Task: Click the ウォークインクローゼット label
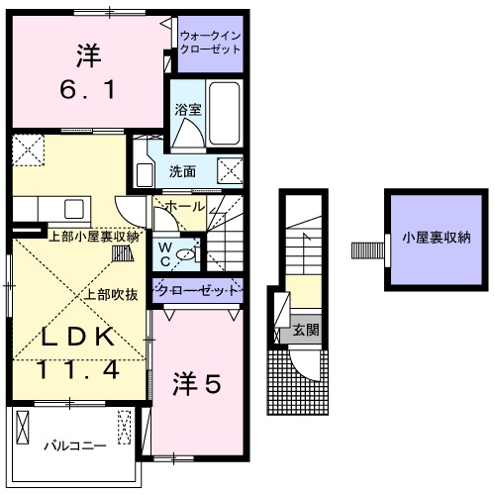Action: (210, 42)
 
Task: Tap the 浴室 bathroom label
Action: (188, 111)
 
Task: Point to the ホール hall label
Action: (185, 206)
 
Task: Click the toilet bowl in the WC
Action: (189, 254)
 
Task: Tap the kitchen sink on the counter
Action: (75, 209)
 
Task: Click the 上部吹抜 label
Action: (109, 293)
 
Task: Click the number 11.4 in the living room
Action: (78, 370)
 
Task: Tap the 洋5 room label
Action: (198, 381)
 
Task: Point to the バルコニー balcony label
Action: (73, 446)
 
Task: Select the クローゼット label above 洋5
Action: (198, 291)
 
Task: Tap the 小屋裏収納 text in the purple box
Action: (437, 238)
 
